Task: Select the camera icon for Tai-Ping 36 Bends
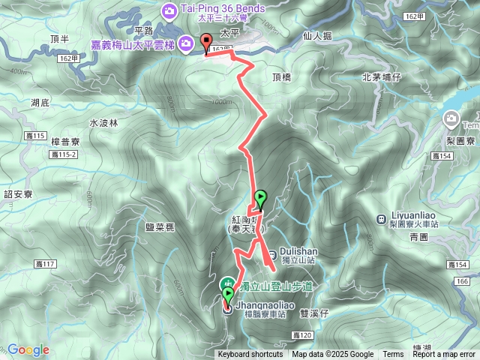click(x=169, y=10)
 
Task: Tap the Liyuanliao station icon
click(x=382, y=219)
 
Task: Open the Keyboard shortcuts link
click(x=250, y=355)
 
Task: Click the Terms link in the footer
click(x=393, y=355)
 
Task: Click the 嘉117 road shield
click(x=45, y=264)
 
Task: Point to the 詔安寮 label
click(x=18, y=194)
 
